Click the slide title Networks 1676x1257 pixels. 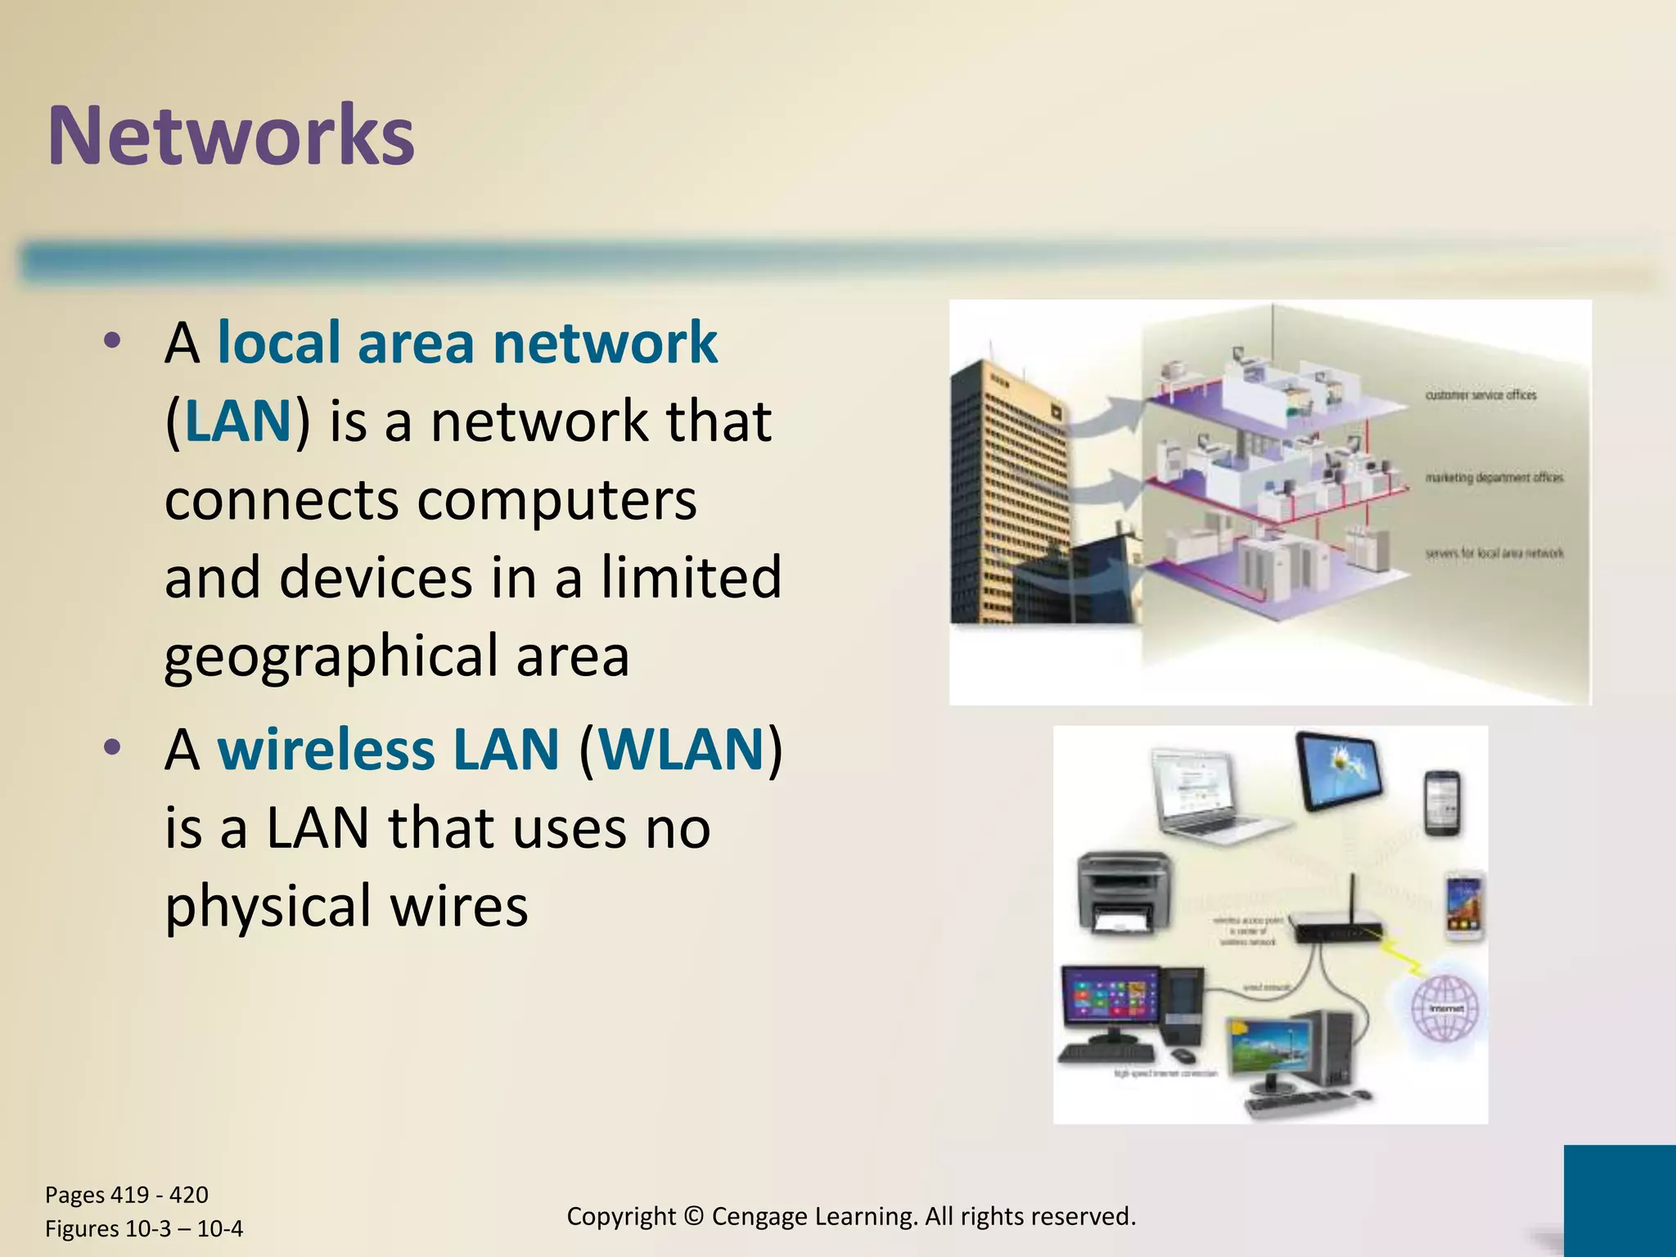(232, 136)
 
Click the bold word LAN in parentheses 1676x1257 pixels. (238, 421)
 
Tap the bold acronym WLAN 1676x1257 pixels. (682, 749)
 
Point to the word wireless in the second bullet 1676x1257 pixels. (325, 749)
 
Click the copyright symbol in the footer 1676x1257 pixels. (693, 1216)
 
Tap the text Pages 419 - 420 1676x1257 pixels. (127, 1195)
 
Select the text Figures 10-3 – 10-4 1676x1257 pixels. (144, 1229)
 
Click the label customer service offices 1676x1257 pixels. (1480, 395)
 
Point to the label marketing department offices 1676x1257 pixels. (1494, 477)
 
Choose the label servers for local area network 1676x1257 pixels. (1494, 553)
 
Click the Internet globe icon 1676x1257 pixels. (1446, 1008)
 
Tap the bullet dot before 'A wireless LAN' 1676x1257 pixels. (112, 747)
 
